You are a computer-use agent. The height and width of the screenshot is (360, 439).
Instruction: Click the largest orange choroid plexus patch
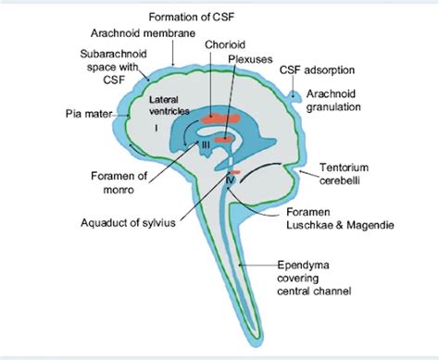coord(219,118)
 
